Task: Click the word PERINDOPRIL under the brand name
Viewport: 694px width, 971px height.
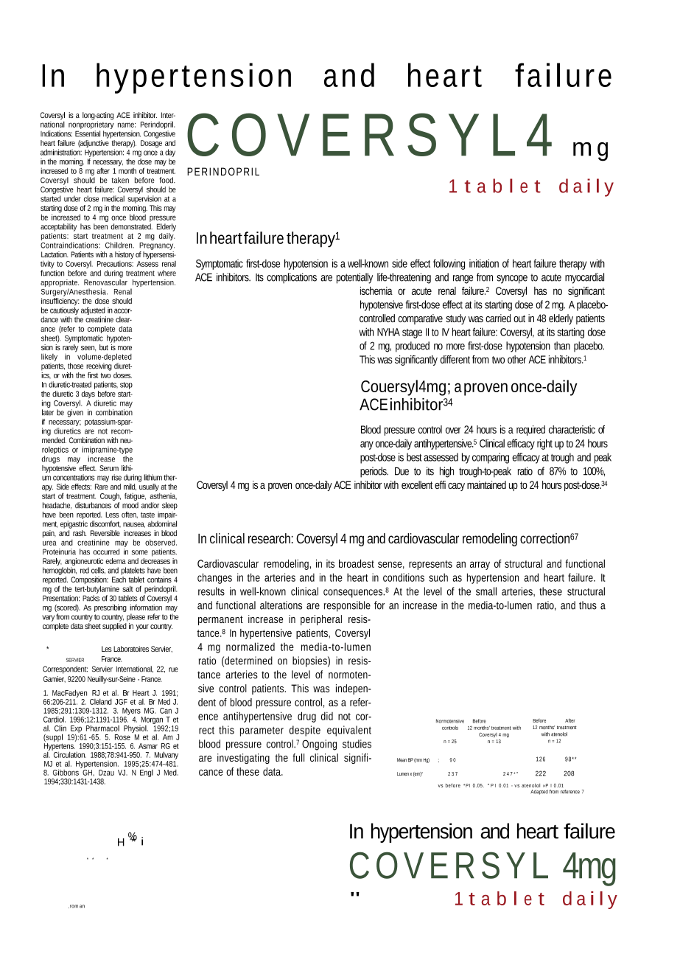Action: (223, 172)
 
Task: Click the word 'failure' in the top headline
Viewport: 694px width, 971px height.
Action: (563, 77)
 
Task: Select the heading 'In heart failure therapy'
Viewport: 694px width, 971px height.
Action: (267, 238)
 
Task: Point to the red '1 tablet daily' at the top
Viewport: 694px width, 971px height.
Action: (531, 187)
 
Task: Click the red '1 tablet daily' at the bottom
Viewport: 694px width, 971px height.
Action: (536, 899)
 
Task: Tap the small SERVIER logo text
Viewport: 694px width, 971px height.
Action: (75, 660)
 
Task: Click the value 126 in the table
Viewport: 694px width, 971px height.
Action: (541, 759)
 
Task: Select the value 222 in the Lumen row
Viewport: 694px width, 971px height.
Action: (541, 773)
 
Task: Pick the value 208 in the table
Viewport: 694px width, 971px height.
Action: (569, 773)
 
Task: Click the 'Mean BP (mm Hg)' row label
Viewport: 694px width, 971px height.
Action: (413, 760)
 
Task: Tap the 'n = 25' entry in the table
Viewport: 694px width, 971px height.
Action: (450, 742)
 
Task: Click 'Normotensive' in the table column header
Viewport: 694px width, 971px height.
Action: (450, 721)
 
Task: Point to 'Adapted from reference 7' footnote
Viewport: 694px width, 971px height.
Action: (557, 792)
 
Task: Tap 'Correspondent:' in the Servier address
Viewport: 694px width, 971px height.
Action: (66, 669)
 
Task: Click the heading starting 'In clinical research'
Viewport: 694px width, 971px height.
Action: (388, 539)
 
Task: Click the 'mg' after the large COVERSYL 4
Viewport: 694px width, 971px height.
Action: (591, 148)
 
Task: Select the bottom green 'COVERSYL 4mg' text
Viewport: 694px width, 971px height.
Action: (482, 866)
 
